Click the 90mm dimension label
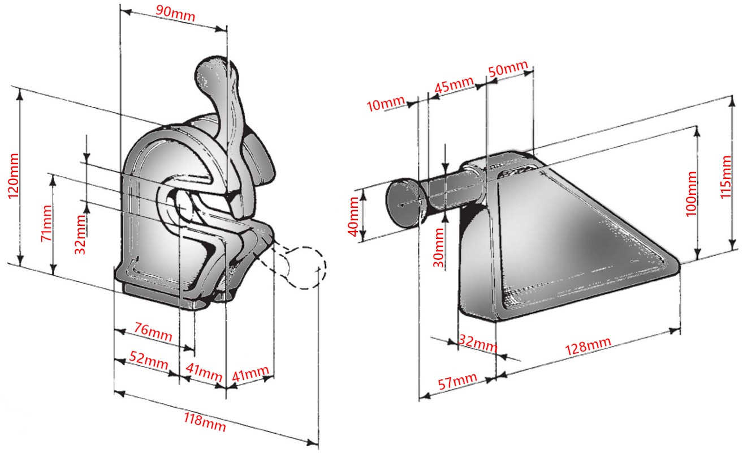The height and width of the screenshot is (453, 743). point(175,13)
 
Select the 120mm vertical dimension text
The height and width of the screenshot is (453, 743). point(13,176)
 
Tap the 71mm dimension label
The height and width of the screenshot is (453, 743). point(46,223)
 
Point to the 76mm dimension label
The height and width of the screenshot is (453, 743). point(153,331)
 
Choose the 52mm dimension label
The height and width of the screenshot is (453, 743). point(149,360)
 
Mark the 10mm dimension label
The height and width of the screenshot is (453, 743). point(386,104)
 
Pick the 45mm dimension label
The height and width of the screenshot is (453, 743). point(453,85)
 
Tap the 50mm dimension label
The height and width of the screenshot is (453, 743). point(508,69)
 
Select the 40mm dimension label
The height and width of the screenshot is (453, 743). point(353,216)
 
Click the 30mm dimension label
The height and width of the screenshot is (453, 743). point(438,247)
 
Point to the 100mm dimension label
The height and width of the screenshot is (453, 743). point(691,194)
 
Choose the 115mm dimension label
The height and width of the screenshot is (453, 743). point(725,177)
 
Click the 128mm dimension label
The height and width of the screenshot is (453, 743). point(588,346)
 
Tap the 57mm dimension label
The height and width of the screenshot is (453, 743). point(458,381)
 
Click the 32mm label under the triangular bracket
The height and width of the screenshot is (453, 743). point(478,343)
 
